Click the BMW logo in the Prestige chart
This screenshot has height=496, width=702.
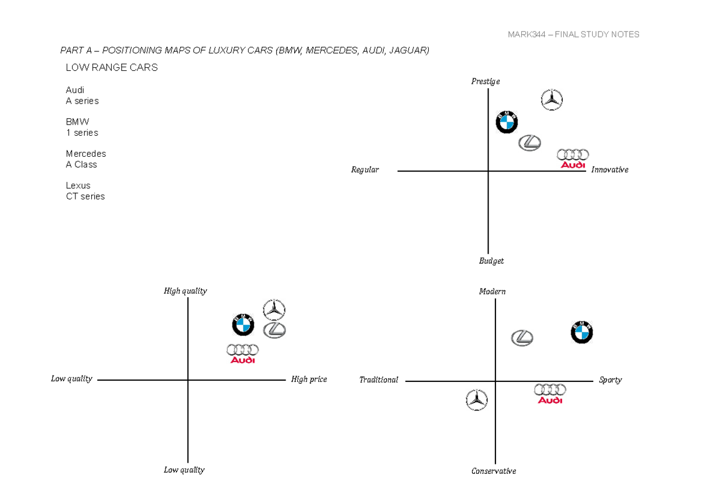click(507, 122)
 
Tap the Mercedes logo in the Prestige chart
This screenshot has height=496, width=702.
click(551, 100)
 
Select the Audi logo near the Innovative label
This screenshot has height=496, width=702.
click(572, 158)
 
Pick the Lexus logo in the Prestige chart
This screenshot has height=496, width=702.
click(529, 142)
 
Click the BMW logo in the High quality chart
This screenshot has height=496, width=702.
click(243, 325)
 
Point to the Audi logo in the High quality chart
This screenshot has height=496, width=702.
click(242, 353)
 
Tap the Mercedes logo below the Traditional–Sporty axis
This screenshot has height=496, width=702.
click(477, 400)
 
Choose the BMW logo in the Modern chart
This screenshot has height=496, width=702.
click(581, 332)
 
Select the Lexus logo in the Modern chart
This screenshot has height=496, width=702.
click(522, 337)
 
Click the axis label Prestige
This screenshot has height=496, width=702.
click(486, 81)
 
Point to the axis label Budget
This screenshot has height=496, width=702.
click(491, 261)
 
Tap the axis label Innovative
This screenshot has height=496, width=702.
click(610, 170)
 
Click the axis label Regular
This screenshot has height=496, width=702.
click(365, 170)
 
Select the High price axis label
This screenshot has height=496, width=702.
click(309, 379)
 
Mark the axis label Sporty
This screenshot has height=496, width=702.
click(610, 380)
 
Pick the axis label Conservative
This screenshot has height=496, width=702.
click(494, 471)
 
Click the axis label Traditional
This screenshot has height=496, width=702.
click(378, 380)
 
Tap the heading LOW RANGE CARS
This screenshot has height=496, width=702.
click(112, 68)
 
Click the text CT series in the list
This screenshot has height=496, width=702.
click(85, 197)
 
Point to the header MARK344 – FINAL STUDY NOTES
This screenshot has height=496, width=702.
click(573, 35)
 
